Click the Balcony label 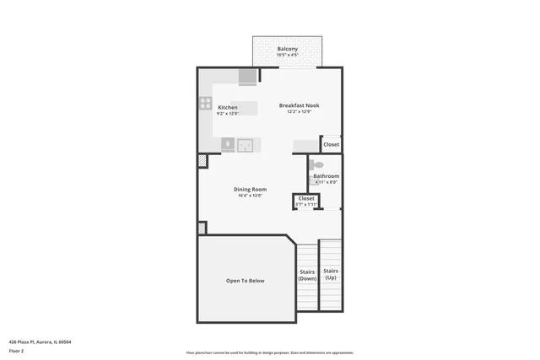pos(288,49)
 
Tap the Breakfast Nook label pos(300,105)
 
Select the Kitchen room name pos(228,107)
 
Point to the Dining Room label pos(250,189)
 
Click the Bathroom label pos(326,176)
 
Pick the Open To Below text pos(245,281)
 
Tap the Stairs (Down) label pos(307,275)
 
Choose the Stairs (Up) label pos(330,275)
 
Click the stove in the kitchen pos(205,104)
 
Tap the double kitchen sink pos(245,145)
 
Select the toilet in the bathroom pos(316,165)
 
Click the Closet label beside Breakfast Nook pos(332,144)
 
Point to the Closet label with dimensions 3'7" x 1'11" pos(306,198)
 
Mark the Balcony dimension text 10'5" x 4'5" pos(288,55)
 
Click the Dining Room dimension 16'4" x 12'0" pos(250,196)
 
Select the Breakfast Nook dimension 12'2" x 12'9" pos(300,112)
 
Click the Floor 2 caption pos(17,350)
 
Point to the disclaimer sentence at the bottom pos(269,352)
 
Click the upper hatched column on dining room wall pos(202,161)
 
